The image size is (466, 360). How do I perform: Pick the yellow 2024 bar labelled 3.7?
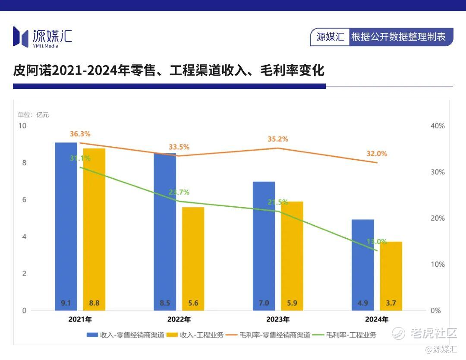391,276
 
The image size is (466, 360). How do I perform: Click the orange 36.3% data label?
80,134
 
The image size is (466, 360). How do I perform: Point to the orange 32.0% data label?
377,153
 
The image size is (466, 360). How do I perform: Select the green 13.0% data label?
377,241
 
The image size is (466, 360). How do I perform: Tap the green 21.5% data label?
277,202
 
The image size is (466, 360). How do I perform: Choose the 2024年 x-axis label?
377,320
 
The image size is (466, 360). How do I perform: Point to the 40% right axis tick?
438,126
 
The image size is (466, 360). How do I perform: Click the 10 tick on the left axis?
22,126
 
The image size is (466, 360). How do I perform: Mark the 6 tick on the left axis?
24,199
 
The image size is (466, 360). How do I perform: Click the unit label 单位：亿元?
33,114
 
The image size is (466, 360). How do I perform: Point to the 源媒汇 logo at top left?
42,37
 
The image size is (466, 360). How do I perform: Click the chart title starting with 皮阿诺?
168,70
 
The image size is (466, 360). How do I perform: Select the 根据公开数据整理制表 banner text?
398,37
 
